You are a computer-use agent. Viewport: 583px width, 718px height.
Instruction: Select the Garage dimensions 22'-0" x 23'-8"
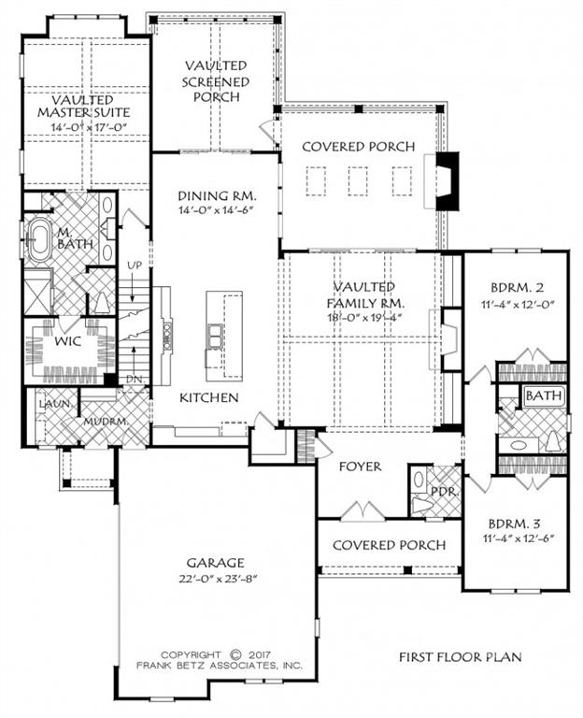[x=215, y=577]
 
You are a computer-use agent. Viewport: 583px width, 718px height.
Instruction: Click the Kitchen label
[x=209, y=398]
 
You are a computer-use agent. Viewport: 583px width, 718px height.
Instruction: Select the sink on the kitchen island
[x=216, y=335]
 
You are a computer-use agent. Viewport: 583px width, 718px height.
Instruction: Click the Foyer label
[x=359, y=466]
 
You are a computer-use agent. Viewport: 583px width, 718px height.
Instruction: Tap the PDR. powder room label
[x=440, y=491]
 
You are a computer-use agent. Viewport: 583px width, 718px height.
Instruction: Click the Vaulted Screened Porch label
[x=216, y=80]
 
